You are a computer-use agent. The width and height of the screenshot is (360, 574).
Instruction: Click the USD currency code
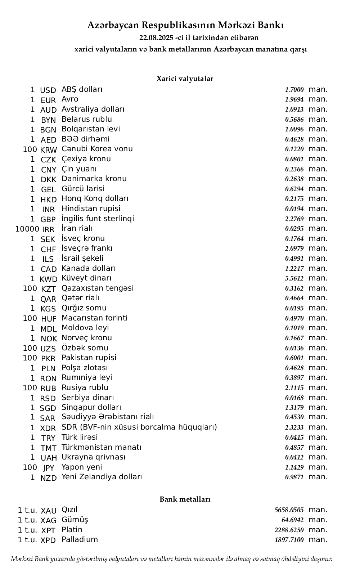pyautogui.click(x=48, y=90)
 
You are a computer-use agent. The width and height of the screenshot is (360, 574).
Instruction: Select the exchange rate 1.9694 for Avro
pyautogui.click(x=294, y=99)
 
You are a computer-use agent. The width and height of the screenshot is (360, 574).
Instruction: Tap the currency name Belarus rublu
pyautogui.click(x=86, y=119)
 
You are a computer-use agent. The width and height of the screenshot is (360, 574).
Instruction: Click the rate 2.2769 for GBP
pyautogui.click(x=294, y=219)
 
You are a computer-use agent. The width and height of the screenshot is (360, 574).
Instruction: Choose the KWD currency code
pyautogui.click(x=49, y=279)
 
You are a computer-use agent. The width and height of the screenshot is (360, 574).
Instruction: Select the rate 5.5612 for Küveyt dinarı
pyautogui.click(x=294, y=278)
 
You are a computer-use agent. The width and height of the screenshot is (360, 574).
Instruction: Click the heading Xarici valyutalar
pyautogui.click(x=185, y=79)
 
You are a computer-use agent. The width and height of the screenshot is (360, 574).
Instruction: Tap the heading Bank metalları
pyautogui.click(x=185, y=499)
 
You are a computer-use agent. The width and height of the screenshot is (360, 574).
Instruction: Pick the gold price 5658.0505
pyautogui.click(x=289, y=510)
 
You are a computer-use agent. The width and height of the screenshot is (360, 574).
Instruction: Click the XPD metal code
pyautogui.click(x=48, y=541)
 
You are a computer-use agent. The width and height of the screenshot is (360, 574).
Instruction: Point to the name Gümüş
pyautogui.click(x=75, y=520)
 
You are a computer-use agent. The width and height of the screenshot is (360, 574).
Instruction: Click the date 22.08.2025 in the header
pyautogui.click(x=156, y=38)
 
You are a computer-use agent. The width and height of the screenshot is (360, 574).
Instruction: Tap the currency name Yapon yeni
pyautogui.click(x=82, y=467)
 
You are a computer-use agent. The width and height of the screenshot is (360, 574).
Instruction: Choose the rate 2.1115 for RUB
pyautogui.click(x=294, y=388)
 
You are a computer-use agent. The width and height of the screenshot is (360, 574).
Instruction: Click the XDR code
pyautogui.click(x=48, y=428)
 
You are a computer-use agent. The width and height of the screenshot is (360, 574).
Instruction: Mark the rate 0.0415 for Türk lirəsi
pyautogui.click(x=294, y=438)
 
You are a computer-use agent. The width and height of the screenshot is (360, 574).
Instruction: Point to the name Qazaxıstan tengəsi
pyautogui.click(x=97, y=288)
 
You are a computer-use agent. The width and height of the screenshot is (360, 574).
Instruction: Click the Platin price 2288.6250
pyautogui.click(x=289, y=530)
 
